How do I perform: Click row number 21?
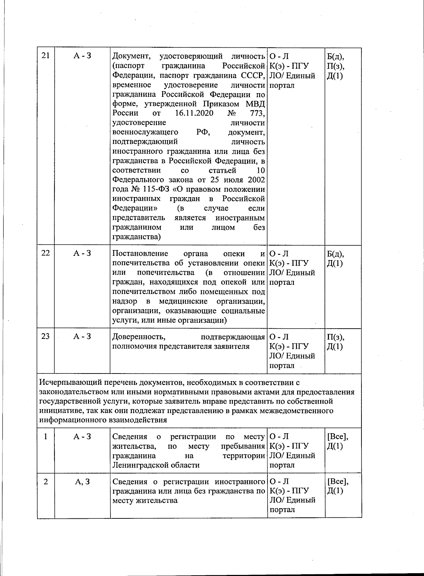[x=46, y=56]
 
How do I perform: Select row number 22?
[x=46, y=253]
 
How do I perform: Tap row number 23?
[x=46, y=336]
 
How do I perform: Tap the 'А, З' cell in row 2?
[x=82, y=482]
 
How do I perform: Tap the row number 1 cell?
[x=46, y=437]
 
